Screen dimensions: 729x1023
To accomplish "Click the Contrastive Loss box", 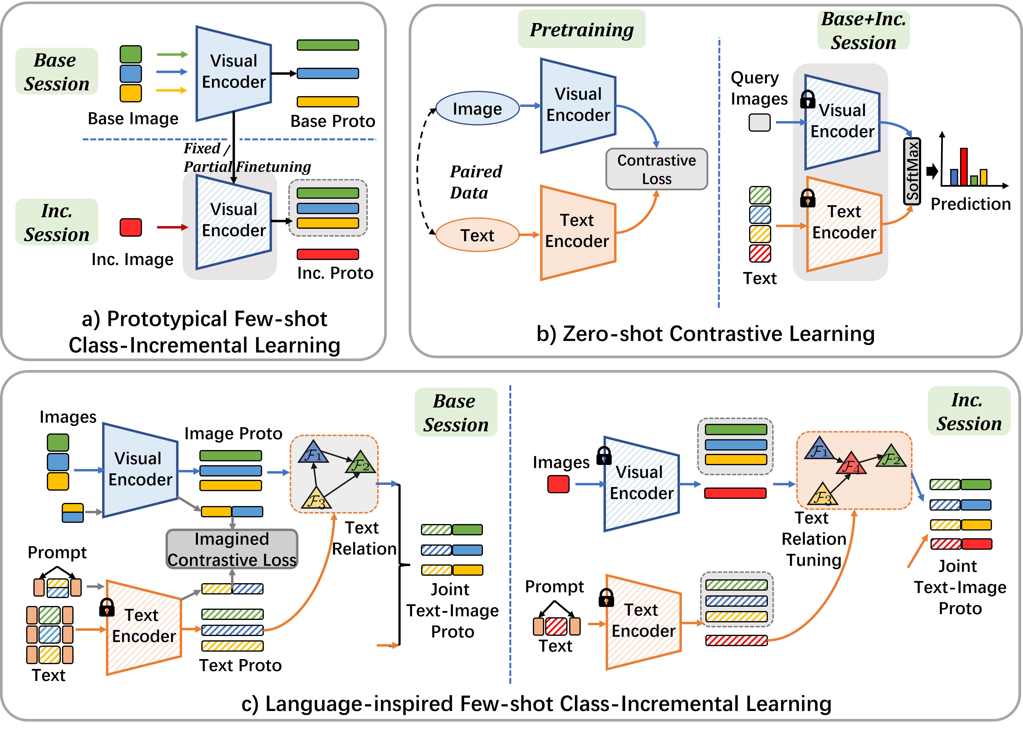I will pyautogui.click(x=656, y=169).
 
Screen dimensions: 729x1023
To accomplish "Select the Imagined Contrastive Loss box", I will pyautogui.click(x=232, y=549).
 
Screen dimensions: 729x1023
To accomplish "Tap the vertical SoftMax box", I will pyautogui.click(x=912, y=171).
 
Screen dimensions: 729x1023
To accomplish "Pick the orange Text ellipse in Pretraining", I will pyautogui.click(x=477, y=235).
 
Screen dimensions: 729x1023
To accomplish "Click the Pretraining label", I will pyautogui.click(x=581, y=30).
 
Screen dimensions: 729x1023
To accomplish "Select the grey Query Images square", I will pyautogui.click(x=759, y=122).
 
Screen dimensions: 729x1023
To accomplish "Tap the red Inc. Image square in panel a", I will pyautogui.click(x=131, y=227).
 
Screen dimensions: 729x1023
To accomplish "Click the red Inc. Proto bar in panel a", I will pyautogui.click(x=328, y=254).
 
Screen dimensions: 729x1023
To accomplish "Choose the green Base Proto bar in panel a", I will pyautogui.click(x=328, y=45).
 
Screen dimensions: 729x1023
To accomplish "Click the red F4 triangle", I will pyautogui.click(x=851, y=465).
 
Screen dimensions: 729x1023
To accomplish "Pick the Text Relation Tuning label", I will pyautogui.click(x=813, y=539).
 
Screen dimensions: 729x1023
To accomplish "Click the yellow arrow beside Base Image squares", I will pyautogui.click(x=172, y=90).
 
